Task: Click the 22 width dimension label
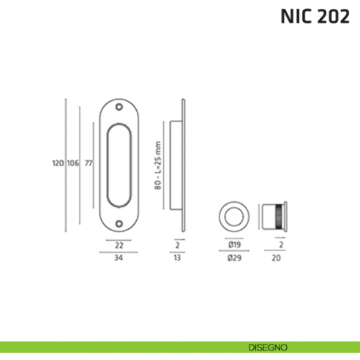[x=119, y=246]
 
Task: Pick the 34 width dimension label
[x=119, y=258]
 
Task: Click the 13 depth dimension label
[x=178, y=258]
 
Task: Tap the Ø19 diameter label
[x=235, y=246]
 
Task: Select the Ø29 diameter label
[x=235, y=258]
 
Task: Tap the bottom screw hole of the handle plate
[x=119, y=220]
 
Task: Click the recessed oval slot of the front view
[x=119, y=162]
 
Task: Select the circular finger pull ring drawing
[x=235, y=217]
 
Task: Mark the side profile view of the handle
[x=179, y=162]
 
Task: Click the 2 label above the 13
[x=178, y=246]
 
